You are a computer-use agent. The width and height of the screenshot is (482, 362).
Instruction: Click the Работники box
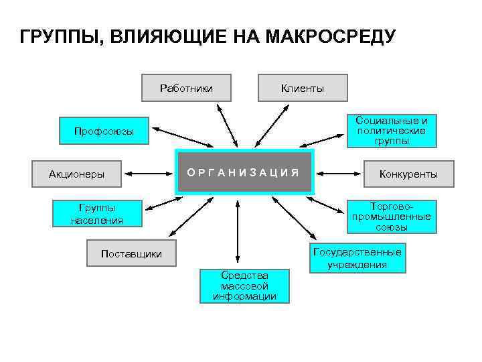click(187, 88)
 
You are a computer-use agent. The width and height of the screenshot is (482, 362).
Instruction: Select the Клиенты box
click(303, 88)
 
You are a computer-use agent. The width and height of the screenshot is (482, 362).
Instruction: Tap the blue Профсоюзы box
click(104, 131)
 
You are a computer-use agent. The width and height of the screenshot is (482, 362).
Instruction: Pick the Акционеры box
click(76, 174)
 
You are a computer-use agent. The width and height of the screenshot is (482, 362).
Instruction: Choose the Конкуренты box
click(408, 174)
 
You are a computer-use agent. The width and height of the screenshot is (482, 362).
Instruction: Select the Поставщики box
click(131, 254)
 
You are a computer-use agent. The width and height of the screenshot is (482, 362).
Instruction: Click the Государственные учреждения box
click(357, 258)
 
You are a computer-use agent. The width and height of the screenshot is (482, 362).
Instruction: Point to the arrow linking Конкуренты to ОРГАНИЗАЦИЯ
click(339, 174)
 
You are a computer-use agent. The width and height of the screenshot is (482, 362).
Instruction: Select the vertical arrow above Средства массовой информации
click(237, 232)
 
